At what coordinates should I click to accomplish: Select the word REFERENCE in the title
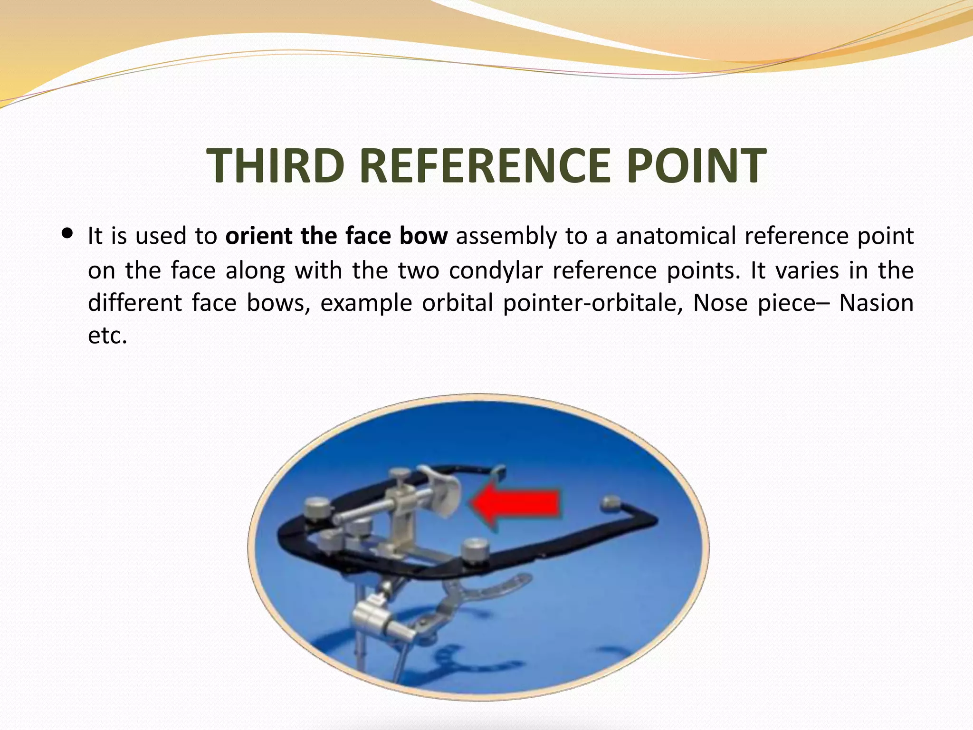click(x=484, y=165)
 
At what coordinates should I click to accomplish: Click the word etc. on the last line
click(x=108, y=336)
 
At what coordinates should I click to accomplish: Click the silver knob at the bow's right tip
click(x=611, y=503)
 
